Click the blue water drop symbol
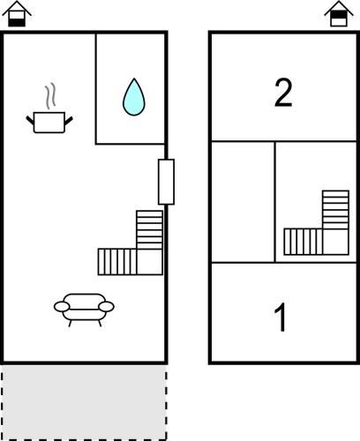pyautogui.click(x=134, y=97)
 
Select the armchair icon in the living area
pyautogui.click(x=84, y=310)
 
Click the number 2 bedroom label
pyautogui.click(x=283, y=93)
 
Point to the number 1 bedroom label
pyautogui.click(x=281, y=317)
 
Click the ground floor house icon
pyautogui.click(x=17, y=14)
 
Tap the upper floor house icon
pyautogui.click(x=339, y=14)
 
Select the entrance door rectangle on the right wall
pyautogui.click(x=166, y=182)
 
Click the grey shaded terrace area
pyautogui.click(x=84, y=402)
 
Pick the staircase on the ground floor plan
pyautogui.click(x=131, y=243)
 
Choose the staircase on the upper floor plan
pyautogui.click(x=317, y=223)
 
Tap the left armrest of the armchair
pyautogui.click(x=62, y=307)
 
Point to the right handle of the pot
pyautogui.click(x=69, y=120)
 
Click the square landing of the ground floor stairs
pyautogui.click(x=150, y=262)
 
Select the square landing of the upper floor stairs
pyautogui.click(x=336, y=242)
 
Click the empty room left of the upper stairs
pyautogui.click(x=243, y=202)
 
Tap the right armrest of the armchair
pyautogui.click(x=107, y=307)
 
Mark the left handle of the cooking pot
pyautogui.click(x=30, y=120)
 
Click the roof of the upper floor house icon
pyautogui.click(x=339, y=7)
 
